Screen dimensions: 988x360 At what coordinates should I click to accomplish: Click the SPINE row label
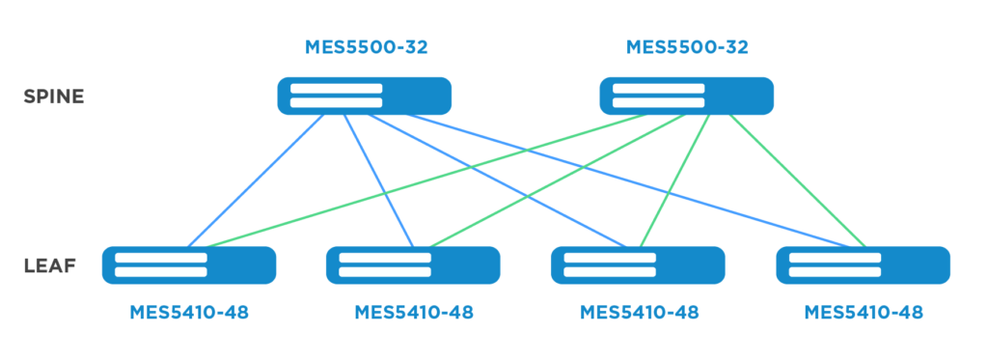tap(54, 97)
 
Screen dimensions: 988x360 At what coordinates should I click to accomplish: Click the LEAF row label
tap(50, 265)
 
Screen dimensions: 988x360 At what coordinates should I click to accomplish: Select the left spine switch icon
tap(364, 96)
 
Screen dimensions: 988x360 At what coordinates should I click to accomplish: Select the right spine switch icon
tap(686, 96)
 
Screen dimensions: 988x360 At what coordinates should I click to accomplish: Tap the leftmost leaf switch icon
tap(189, 265)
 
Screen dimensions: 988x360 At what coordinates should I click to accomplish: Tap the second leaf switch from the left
tap(413, 265)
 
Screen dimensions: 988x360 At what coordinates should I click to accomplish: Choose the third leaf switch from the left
tap(638, 265)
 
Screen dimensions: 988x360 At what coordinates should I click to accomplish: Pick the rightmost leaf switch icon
tap(863, 265)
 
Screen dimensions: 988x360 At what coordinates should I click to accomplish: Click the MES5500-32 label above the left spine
tap(366, 47)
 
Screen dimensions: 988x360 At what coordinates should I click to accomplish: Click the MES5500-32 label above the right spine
tap(687, 47)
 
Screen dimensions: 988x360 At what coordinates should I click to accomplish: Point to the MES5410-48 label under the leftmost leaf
tap(189, 312)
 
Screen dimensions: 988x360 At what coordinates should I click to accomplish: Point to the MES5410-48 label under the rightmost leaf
tap(864, 312)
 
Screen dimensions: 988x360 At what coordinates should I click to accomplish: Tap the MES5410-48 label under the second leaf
tap(414, 312)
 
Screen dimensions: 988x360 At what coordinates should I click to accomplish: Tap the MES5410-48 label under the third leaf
tap(639, 312)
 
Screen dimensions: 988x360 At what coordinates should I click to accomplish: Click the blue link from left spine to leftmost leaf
tap(257, 180)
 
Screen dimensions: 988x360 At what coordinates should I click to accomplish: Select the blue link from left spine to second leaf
tap(378, 180)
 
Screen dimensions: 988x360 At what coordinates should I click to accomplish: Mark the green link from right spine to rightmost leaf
tap(798, 180)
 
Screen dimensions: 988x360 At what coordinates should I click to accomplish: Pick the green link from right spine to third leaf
tap(674, 180)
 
